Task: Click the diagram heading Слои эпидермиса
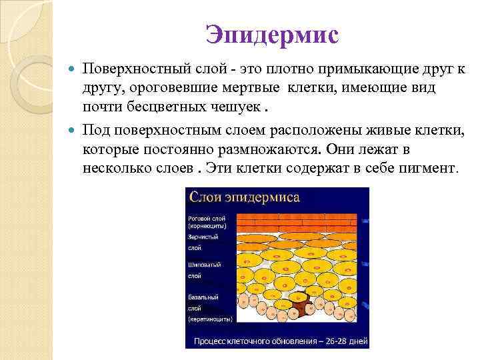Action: (x=245, y=197)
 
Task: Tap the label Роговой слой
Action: (x=206, y=218)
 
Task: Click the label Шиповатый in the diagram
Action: (x=204, y=265)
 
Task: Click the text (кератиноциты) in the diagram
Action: (x=210, y=319)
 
